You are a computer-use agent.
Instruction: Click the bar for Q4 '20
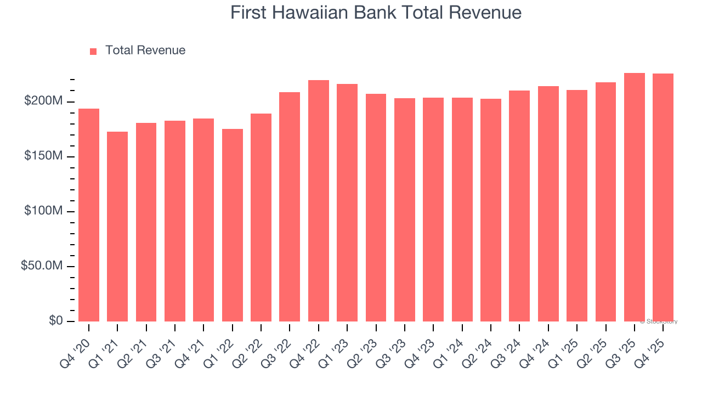click(89, 215)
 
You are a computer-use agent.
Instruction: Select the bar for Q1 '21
click(117, 227)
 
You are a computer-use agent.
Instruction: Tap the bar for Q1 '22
click(233, 225)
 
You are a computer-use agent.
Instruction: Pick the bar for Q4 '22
click(319, 201)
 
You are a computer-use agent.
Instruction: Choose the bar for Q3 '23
click(405, 210)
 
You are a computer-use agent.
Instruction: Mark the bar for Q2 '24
click(491, 210)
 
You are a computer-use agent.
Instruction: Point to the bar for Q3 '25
click(635, 197)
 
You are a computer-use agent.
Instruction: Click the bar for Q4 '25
click(663, 198)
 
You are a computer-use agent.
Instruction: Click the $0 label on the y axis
click(56, 321)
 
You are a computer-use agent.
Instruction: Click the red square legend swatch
click(93, 51)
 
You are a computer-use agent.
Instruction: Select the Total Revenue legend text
click(145, 50)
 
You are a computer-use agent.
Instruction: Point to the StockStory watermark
click(659, 321)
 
